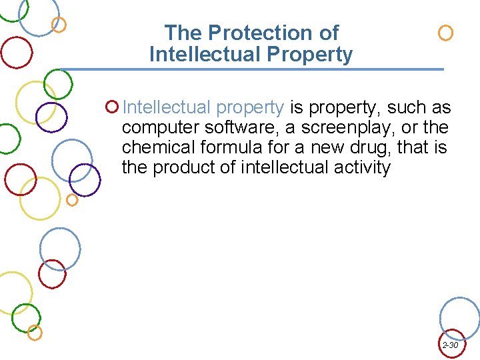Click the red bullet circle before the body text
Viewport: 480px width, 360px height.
coord(112,107)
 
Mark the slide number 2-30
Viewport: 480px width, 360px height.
coord(450,345)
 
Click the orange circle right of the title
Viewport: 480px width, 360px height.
coord(445,33)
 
